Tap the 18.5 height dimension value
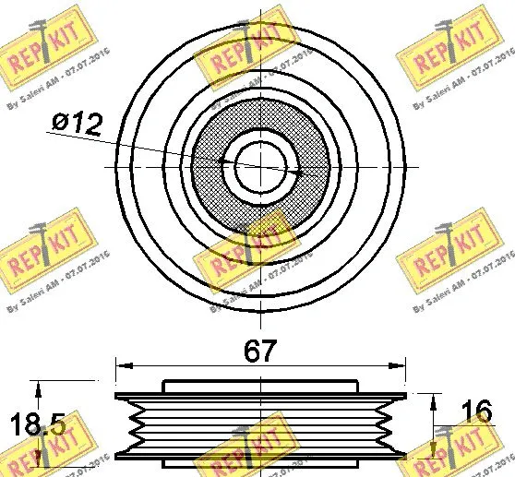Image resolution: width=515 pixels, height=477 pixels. (37, 425)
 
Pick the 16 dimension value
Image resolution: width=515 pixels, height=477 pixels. (473, 411)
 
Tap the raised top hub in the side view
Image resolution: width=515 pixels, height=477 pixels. (260, 386)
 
